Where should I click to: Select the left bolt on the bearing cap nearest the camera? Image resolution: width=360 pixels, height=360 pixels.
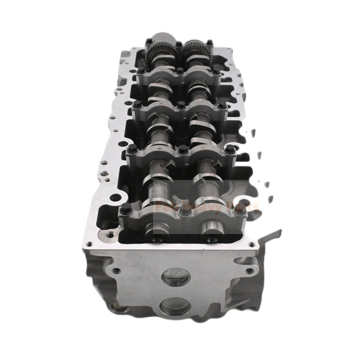click(x=125, y=209)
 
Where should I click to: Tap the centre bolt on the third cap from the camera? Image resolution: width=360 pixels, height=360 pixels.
click(x=182, y=105)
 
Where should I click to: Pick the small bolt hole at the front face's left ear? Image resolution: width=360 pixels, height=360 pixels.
click(x=115, y=270)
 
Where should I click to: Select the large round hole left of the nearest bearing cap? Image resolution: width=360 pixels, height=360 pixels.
click(x=115, y=198)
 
